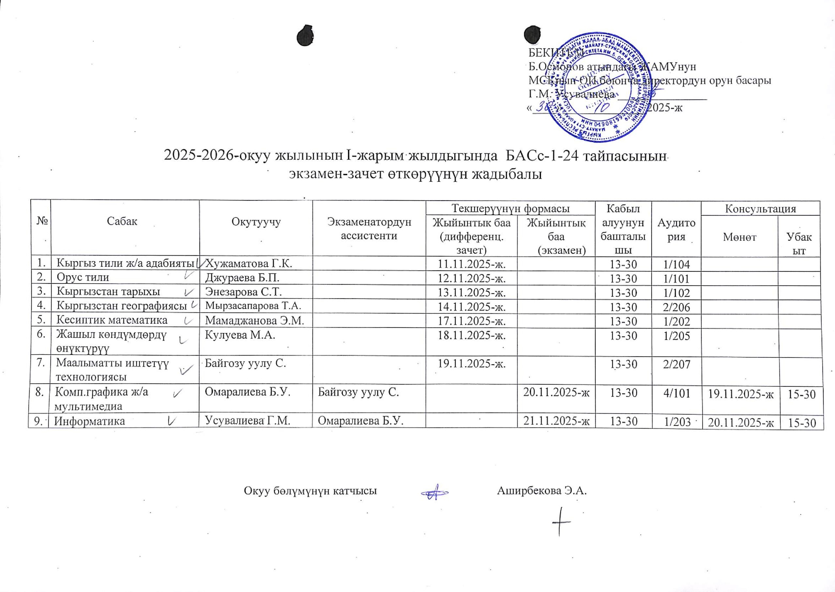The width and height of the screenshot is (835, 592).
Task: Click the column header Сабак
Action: [x=122, y=221]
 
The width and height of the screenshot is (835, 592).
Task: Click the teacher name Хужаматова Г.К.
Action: [x=249, y=264]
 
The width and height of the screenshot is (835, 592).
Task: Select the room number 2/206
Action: [x=677, y=307]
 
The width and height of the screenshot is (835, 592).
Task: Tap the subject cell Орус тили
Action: [x=83, y=278]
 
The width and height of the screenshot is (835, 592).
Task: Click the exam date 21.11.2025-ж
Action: [x=556, y=421]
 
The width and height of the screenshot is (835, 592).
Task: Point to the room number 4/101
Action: [x=677, y=393]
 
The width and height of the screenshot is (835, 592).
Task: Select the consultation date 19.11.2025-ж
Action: [x=741, y=393]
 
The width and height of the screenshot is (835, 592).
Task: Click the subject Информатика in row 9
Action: [x=90, y=421]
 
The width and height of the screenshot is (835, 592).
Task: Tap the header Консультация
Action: [x=760, y=209]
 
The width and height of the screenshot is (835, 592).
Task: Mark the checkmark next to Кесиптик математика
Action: [x=189, y=321]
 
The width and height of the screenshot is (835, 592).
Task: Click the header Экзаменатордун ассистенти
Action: [x=369, y=228]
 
